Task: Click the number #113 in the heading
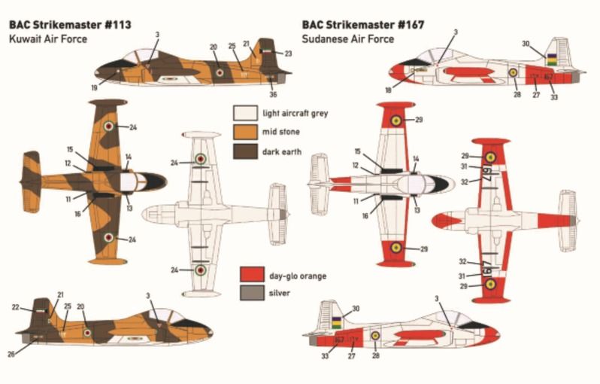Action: point(117,24)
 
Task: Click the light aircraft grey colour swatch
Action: point(244,114)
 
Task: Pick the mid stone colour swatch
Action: point(244,133)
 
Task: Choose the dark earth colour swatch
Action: point(244,151)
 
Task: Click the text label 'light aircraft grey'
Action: point(295,114)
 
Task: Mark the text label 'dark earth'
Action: point(282,151)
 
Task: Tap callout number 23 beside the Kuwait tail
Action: point(287,53)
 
